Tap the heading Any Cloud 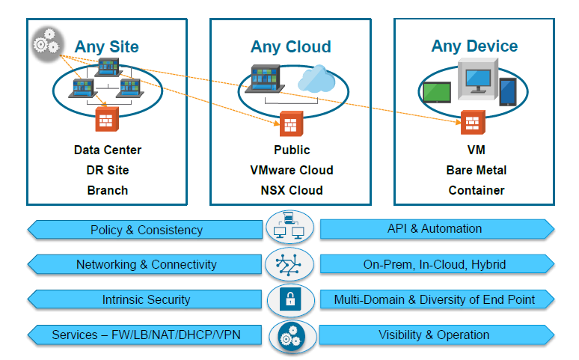click(x=290, y=47)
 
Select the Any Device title click(x=474, y=46)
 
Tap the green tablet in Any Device click(x=435, y=92)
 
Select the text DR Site click(x=108, y=170)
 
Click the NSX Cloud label click(x=292, y=190)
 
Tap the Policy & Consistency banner click(x=146, y=230)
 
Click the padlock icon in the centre click(x=289, y=300)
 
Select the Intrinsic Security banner click(x=146, y=299)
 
